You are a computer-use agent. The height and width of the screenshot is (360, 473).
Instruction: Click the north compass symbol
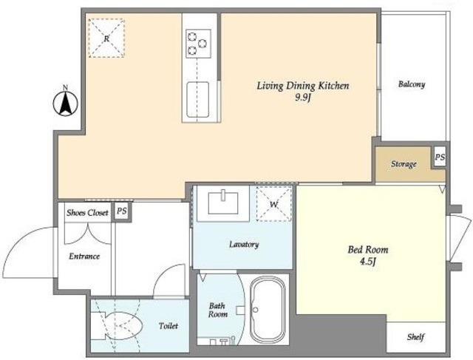[x=66, y=102]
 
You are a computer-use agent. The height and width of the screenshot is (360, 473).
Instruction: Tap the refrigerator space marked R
[x=106, y=38]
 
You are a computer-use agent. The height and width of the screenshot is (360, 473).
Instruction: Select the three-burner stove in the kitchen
[x=198, y=44]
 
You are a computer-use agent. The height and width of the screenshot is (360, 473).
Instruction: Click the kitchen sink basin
[x=198, y=99]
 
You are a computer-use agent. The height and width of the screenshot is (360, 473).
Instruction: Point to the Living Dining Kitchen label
[x=303, y=86]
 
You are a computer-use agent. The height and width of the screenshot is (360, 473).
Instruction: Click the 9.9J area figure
[x=303, y=98]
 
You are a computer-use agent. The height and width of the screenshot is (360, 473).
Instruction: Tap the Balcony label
[x=412, y=84]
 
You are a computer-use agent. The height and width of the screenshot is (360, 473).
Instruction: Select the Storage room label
[x=404, y=164]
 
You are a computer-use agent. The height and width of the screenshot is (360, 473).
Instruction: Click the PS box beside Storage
[x=440, y=157]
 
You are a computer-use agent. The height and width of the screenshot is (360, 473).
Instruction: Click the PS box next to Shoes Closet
[x=121, y=211]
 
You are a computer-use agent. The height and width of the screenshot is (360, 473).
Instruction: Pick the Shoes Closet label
[x=87, y=213]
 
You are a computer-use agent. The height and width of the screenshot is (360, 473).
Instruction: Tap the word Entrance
[x=84, y=257]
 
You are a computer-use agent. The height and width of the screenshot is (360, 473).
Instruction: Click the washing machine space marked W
[x=274, y=204]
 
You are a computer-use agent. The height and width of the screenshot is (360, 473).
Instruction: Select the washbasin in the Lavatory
[x=223, y=203]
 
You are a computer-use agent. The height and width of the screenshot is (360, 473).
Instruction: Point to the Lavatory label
[x=244, y=244]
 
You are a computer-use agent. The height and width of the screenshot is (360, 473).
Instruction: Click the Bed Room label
[x=368, y=250]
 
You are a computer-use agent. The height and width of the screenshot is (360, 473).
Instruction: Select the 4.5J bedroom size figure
[x=368, y=262]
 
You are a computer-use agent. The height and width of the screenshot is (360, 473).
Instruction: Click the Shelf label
[x=415, y=337]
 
